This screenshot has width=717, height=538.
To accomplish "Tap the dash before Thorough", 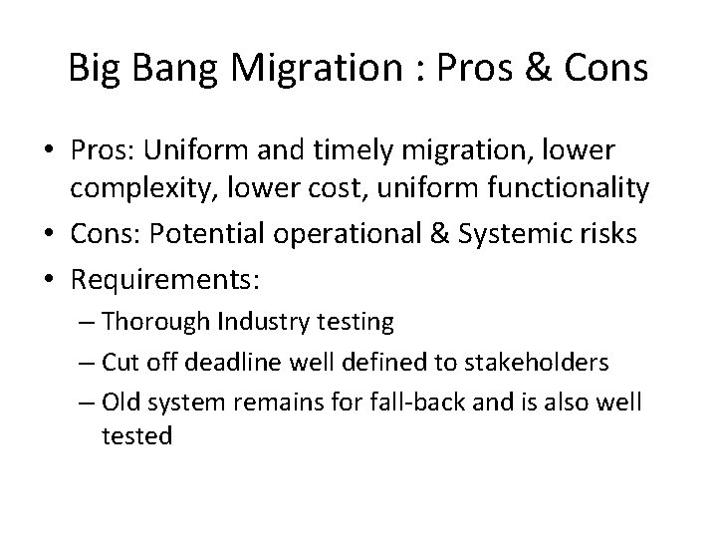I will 113,322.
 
